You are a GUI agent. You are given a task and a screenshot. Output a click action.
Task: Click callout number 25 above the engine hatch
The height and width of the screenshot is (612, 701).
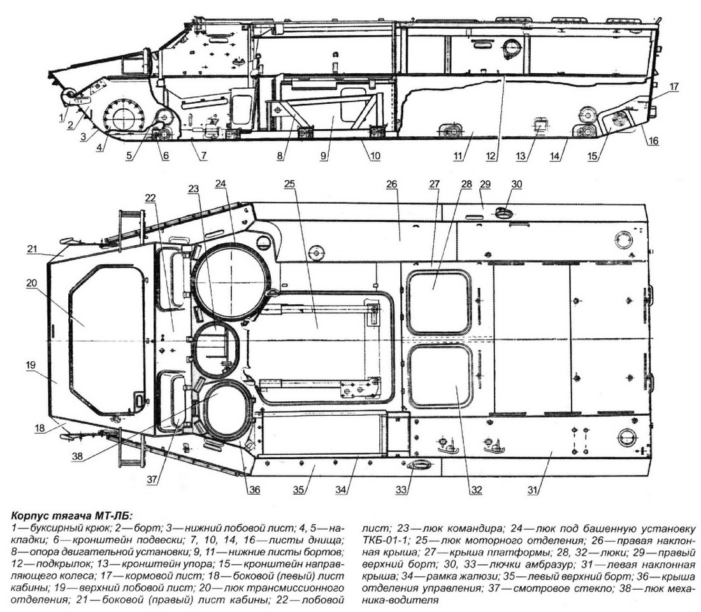[x=290, y=184]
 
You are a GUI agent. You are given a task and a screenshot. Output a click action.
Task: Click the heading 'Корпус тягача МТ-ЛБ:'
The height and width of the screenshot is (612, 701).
[x=71, y=516]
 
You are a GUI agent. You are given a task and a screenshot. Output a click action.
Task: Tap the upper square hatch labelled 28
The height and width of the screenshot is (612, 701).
[x=439, y=301]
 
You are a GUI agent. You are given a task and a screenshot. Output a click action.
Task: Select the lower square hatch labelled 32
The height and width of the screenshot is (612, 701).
[x=439, y=376]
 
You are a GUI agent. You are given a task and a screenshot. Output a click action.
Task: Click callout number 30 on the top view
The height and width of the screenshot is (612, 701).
[x=516, y=184]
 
